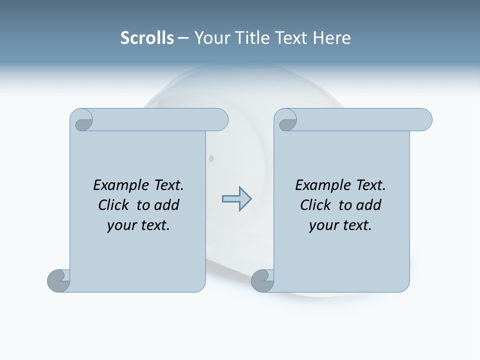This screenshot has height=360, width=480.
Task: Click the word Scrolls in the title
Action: coord(147,38)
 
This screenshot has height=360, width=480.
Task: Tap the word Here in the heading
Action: coord(331,38)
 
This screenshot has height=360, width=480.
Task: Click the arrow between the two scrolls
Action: coord(236,199)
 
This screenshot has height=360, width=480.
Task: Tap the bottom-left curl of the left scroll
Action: coord(58,280)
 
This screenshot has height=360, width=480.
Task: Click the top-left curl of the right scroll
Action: coord(287,121)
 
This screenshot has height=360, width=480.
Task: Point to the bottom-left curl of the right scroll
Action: coord(262,280)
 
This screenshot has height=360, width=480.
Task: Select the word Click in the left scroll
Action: coord(113,205)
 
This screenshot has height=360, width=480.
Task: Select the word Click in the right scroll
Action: coord(315,205)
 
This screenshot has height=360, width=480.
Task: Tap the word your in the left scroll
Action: coord(120,225)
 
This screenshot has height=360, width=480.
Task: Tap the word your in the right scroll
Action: coord(322,225)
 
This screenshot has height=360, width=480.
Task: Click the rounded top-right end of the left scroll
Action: coord(220,120)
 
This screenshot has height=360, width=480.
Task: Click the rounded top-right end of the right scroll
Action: coord(424,120)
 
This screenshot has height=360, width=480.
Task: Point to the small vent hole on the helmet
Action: coord(211,158)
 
